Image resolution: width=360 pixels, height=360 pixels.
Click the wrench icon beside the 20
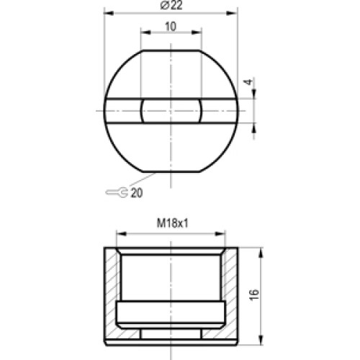coord(117,192)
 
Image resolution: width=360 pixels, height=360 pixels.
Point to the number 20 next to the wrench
coord(137,193)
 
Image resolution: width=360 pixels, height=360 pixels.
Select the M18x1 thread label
coord(171,224)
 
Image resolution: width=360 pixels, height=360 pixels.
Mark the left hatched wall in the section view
coord(110,292)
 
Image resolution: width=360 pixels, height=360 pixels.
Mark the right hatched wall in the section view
coord(231,292)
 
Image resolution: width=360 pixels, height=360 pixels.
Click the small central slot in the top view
coord(171,111)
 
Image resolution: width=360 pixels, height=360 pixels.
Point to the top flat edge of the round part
coord(171,50)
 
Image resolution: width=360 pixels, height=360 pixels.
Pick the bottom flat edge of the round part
coord(171,171)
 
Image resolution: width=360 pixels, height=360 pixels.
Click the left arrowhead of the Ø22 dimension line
coord(107,12)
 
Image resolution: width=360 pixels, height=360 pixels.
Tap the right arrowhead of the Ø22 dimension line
coord(234,12)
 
